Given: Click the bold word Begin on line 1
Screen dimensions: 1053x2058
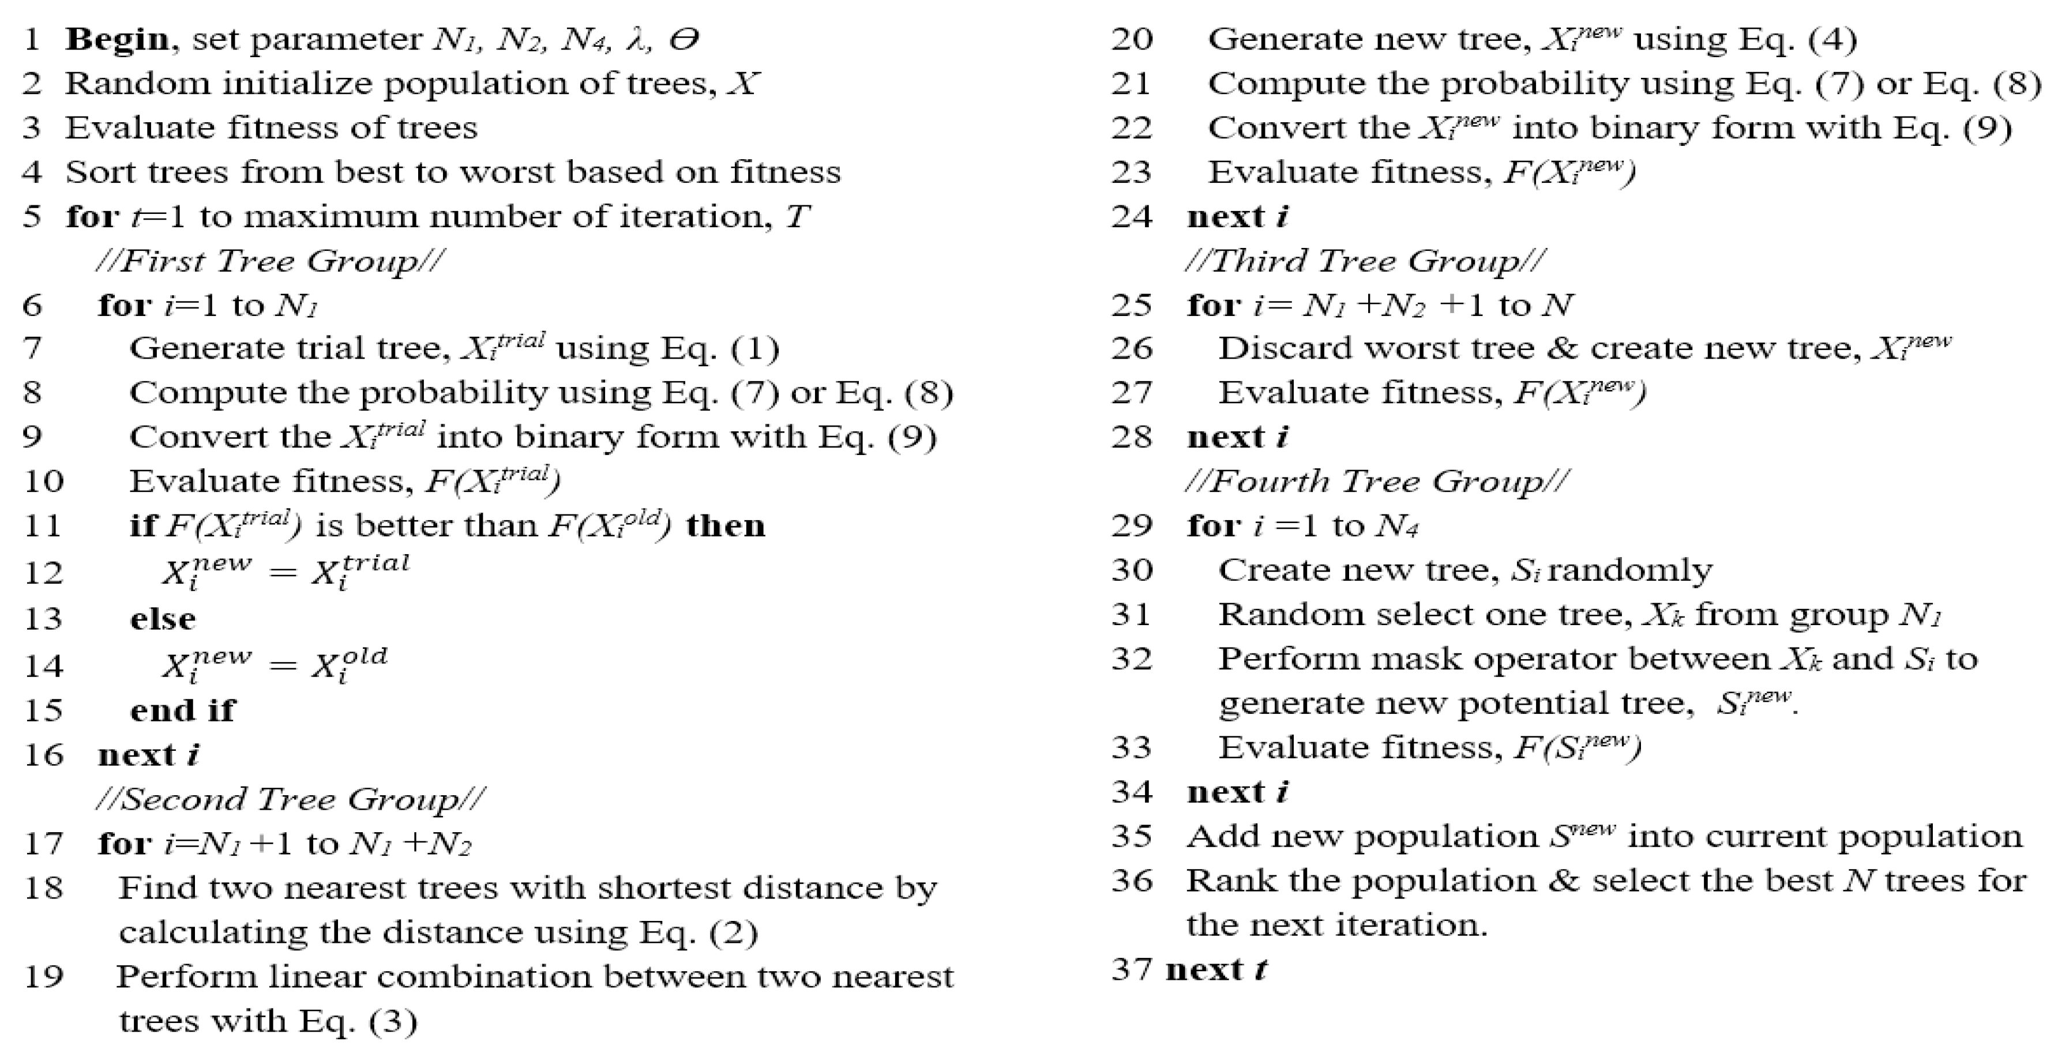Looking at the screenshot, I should pyautogui.click(x=117, y=39).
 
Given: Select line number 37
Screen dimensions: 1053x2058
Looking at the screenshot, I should pyautogui.click(x=1131, y=969).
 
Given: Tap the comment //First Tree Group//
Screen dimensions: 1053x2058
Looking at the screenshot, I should pyautogui.click(x=270, y=261).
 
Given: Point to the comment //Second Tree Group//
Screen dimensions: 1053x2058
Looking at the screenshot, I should pyautogui.click(x=290, y=799).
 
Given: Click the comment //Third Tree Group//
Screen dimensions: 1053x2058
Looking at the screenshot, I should pyautogui.click(x=1365, y=261).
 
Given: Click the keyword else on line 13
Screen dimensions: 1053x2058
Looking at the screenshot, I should pyautogui.click(x=163, y=618).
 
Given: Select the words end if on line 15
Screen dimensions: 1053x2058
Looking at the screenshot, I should pyautogui.click(x=183, y=709).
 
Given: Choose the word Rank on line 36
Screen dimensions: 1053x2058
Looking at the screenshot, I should pyautogui.click(x=1230, y=881).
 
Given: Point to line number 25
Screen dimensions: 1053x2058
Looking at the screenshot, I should pyautogui.click(x=1131, y=304).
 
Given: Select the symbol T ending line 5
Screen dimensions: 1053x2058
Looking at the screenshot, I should pyautogui.click(x=797, y=216).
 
